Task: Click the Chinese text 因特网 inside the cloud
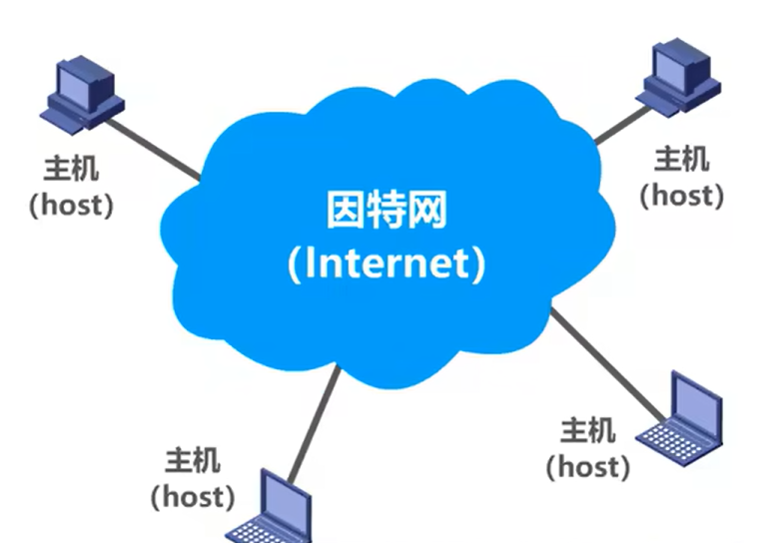[387, 213]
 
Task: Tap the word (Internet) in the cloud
[387, 264]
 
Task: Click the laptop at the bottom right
[681, 417]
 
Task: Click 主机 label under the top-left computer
[72, 167]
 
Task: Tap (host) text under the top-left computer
[72, 205]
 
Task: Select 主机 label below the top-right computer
[682, 157]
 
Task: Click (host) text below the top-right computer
[682, 194]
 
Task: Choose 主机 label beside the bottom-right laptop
[587, 431]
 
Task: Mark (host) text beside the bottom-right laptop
[587, 466]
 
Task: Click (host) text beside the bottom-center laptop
[193, 495]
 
